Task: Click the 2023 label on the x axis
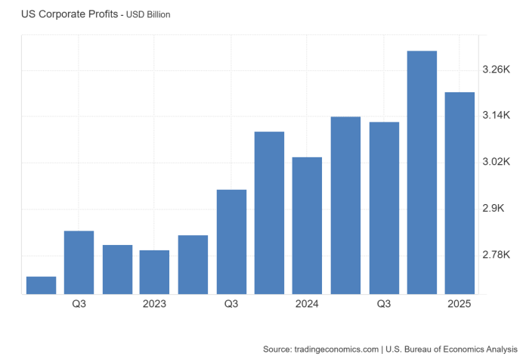[154, 304]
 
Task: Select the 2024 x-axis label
[307, 304]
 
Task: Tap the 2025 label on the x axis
[459, 304]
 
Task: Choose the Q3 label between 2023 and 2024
[231, 304]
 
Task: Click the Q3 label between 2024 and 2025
[383, 304]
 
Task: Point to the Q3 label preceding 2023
[79, 304]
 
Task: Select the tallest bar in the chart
[422, 172]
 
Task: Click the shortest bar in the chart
[41, 285]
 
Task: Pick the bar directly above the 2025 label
[459, 193]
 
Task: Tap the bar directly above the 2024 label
[307, 225]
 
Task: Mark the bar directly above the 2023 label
[154, 272]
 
